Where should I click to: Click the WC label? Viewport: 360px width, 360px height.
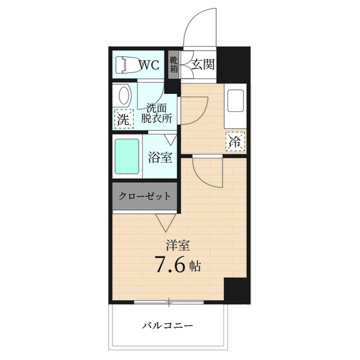[x=149, y=65]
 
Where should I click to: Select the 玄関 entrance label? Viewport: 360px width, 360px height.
[x=203, y=64]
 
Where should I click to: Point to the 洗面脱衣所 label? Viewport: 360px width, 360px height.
[x=157, y=113]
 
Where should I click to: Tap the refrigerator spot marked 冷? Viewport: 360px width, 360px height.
[x=236, y=142]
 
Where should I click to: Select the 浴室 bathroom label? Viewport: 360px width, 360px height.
[x=160, y=157]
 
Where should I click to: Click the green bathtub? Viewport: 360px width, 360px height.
[x=127, y=157]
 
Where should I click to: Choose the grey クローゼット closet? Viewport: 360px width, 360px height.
[x=144, y=196]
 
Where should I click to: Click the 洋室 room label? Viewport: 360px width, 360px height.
[x=177, y=245]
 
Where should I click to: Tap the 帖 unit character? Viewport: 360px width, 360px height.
[x=195, y=265]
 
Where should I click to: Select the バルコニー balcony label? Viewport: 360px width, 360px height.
[x=167, y=326]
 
